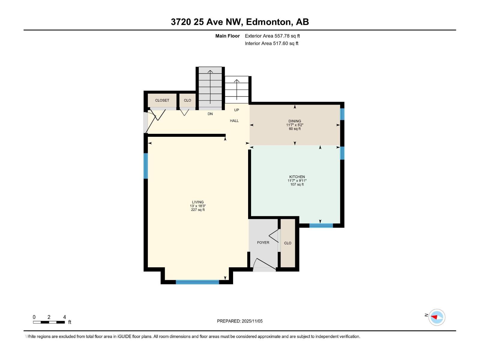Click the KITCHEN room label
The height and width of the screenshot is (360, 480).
(x=297, y=177)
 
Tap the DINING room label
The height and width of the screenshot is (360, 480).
(x=295, y=121)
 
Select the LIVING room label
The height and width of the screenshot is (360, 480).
(x=198, y=202)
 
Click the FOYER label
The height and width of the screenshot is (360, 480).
(x=263, y=242)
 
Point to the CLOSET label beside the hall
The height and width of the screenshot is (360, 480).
(x=162, y=100)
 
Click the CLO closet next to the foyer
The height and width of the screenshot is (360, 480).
(x=288, y=243)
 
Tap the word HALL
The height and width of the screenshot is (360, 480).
(x=234, y=121)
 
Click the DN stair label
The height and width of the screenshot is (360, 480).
(x=210, y=114)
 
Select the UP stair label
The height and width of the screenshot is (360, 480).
(x=236, y=110)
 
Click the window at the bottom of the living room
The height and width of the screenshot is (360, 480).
(x=197, y=282)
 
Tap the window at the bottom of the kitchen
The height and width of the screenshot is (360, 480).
(x=321, y=226)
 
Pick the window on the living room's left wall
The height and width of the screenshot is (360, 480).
(x=146, y=166)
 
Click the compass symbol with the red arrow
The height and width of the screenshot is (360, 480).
(x=436, y=317)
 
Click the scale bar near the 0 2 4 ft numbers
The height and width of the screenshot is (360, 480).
(x=49, y=322)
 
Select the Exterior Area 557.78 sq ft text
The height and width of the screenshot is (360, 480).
(x=272, y=36)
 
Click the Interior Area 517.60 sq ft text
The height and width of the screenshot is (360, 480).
(x=271, y=43)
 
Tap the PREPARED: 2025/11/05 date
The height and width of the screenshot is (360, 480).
(x=240, y=321)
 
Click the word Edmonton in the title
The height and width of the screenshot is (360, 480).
(x=269, y=22)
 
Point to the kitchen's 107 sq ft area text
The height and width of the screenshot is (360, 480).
(x=297, y=184)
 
